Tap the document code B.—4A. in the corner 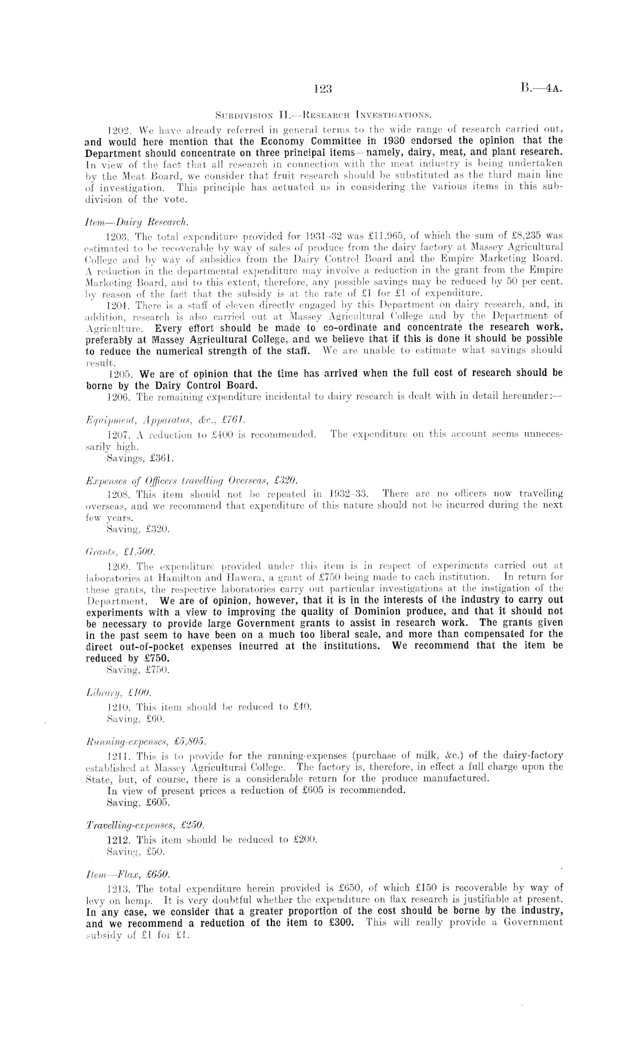(542, 89)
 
